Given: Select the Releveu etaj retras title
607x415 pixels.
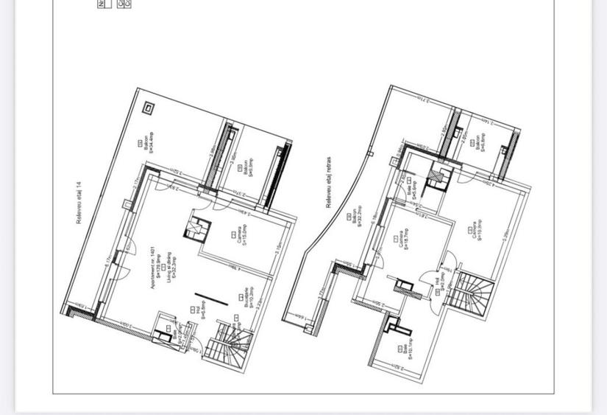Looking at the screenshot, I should [x=329, y=181].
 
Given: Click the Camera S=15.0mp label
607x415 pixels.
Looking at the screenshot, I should [x=243, y=236].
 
